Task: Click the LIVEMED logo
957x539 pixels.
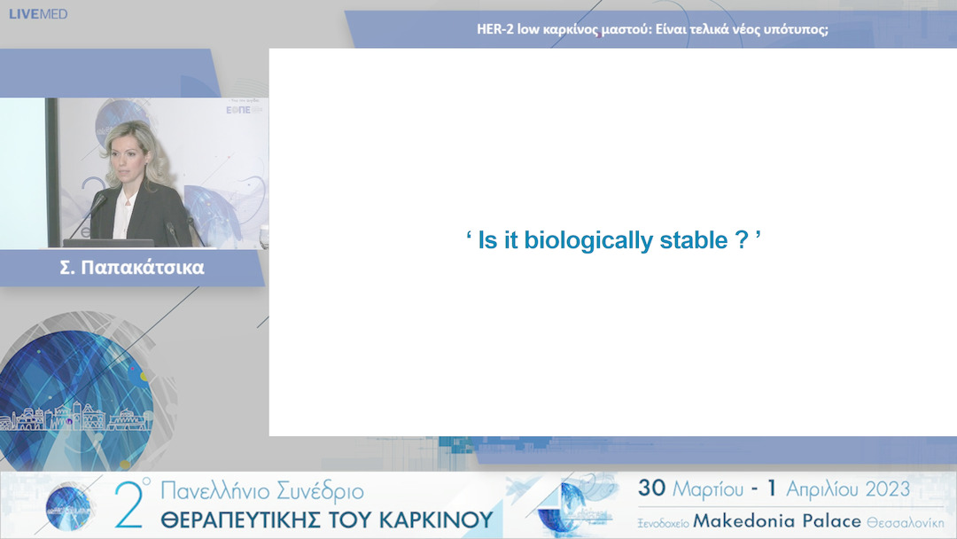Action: pos(37,13)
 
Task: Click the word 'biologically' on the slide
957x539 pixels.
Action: pos(581,241)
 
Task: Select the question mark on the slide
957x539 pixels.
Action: pos(743,241)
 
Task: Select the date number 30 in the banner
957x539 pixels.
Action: pos(652,489)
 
